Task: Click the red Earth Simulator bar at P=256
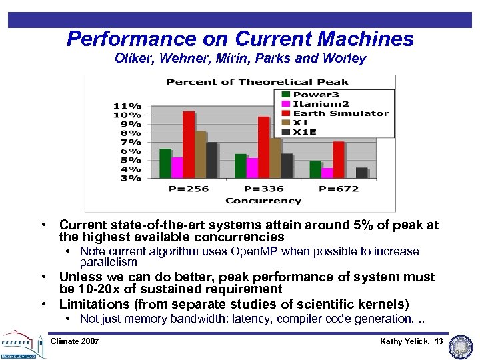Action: [x=189, y=145]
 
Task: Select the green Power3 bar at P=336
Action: [x=240, y=166]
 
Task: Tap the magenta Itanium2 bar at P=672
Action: [x=327, y=173]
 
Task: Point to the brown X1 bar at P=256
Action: [x=201, y=155]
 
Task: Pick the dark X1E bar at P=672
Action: [x=361, y=173]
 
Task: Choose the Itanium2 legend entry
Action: [x=322, y=104]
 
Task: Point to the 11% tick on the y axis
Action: [x=127, y=106]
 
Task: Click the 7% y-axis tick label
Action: [x=129, y=142]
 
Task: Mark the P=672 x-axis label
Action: [x=339, y=189]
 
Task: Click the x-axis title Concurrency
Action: [x=263, y=200]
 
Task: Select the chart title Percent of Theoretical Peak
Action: [x=257, y=82]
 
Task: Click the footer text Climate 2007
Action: [x=75, y=341]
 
